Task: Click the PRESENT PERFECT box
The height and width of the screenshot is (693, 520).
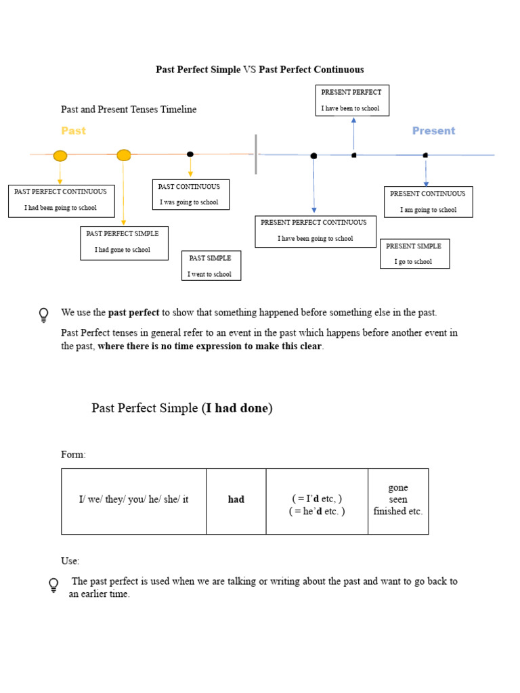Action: coord(352,100)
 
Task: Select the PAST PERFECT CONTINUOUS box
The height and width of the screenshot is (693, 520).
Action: coord(61,200)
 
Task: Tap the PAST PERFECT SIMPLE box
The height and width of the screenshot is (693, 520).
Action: coord(124,242)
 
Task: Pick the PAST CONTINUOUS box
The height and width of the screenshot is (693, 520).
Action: coord(190,194)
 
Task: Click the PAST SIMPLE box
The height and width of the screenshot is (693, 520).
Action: coord(211,265)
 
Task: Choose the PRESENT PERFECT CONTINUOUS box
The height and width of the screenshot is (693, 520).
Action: coord(315,231)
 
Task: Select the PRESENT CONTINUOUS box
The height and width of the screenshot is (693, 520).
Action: coord(428,202)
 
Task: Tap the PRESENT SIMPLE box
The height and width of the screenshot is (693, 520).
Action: coord(414,254)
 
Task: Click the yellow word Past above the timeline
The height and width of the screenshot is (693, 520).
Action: coord(73,131)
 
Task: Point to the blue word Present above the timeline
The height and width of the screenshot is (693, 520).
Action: coord(433,131)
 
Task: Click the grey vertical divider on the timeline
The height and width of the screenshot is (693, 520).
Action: coord(255,154)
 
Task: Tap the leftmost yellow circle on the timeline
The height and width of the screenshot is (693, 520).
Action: coord(60,156)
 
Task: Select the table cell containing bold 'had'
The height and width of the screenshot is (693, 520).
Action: coord(236,500)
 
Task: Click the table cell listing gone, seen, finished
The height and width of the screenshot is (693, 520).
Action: coord(398,500)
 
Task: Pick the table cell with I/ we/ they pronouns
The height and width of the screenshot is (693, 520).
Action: coord(133,500)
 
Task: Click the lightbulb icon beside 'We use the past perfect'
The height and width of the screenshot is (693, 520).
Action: coord(44,315)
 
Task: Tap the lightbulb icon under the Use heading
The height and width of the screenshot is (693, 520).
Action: coord(53,585)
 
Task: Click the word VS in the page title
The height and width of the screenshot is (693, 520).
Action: coord(250,70)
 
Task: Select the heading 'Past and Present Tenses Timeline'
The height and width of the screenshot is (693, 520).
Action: coord(129,110)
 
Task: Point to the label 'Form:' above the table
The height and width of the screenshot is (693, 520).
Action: coord(73,455)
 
